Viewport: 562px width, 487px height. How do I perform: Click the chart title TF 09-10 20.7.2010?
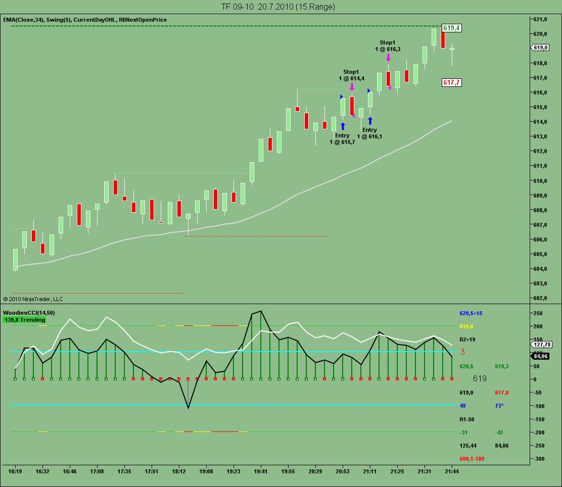pos(278,7)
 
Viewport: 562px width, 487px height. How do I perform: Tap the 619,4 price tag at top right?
pos(451,28)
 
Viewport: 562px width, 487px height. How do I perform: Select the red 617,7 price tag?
pos(451,82)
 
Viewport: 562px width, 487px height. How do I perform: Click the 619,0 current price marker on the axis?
pos(540,47)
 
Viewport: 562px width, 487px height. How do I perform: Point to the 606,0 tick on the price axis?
pos(540,239)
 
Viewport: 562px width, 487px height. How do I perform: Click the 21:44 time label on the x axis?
pos(452,471)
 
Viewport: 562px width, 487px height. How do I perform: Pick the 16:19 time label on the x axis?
pos(15,471)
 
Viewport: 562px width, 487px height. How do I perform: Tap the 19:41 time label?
pos(260,471)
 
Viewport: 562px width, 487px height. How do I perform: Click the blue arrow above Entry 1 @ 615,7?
pos(343,126)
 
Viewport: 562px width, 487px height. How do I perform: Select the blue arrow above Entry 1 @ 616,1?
pos(370,121)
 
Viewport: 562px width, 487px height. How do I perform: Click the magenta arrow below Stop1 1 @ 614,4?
pos(352,86)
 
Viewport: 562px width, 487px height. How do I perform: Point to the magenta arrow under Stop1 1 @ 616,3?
pos(388,57)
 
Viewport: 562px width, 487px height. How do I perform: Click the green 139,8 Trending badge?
pos(25,320)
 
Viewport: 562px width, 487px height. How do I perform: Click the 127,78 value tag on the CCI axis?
pos(541,345)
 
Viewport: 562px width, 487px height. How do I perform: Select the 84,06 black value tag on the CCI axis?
pos(541,356)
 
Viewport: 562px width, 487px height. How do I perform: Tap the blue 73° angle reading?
pos(499,406)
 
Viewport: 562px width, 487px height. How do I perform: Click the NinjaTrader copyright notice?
pos(33,299)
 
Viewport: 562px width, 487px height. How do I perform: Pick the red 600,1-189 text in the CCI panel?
pos(472,459)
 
